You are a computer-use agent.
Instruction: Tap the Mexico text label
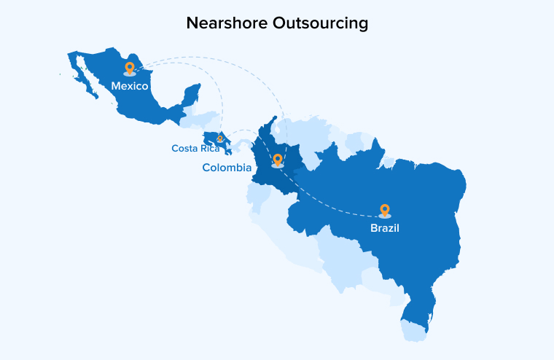coord(130,86)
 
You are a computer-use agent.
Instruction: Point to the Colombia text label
coord(227,168)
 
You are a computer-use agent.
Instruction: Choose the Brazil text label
coord(384,228)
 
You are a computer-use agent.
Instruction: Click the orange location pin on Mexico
coord(130,69)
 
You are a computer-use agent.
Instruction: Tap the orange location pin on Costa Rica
coord(220,137)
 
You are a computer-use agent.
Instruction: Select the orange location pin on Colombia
coord(277,160)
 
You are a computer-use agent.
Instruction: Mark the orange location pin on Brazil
coord(385,210)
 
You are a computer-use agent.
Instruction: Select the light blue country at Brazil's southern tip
coord(414,332)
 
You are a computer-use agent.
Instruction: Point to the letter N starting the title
coord(192,23)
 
